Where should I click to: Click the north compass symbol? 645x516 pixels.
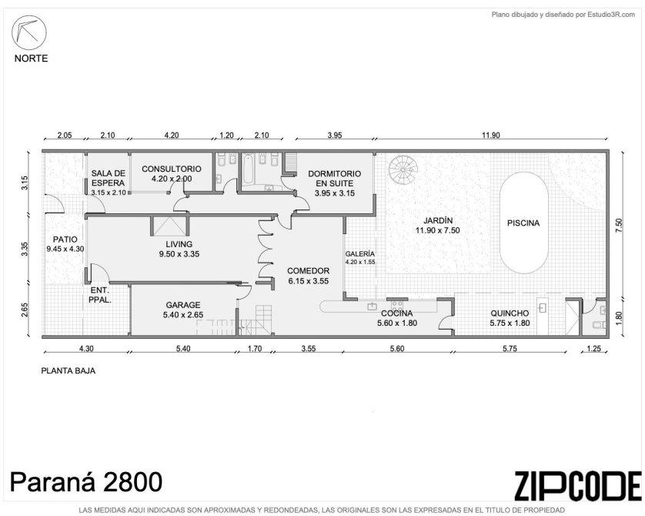click(28, 33)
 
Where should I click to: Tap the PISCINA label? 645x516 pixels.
click(523, 223)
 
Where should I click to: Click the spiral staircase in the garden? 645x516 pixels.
click(403, 169)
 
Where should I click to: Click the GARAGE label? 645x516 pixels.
click(183, 305)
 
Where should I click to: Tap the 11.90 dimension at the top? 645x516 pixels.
click(491, 135)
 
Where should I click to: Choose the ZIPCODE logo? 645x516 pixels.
click(578, 486)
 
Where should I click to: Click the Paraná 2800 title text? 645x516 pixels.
click(86, 482)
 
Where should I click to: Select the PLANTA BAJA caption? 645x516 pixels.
click(69, 370)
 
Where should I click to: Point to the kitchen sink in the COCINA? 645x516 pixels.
click(373, 306)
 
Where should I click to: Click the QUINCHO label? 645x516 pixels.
click(510, 313)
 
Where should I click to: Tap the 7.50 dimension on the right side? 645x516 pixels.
click(619, 226)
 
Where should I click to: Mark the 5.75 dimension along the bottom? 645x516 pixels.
click(510, 349)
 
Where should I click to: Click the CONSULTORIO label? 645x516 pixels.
click(172, 169)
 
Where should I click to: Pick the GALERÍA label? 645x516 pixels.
click(360, 254)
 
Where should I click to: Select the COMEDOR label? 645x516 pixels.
click(308, 271)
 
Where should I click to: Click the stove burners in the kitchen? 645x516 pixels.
click(397, 305)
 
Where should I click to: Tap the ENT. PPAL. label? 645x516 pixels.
click(100, 295)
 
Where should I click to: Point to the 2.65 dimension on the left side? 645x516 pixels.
click(25, 310)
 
